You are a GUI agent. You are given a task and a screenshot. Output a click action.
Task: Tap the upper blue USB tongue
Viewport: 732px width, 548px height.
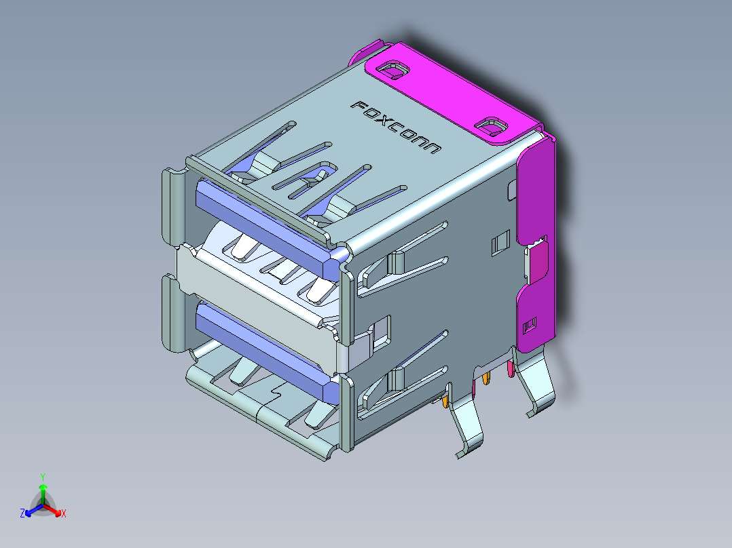[265, 223]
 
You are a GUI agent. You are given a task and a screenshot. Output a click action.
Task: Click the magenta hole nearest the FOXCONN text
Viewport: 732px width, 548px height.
[392, 70]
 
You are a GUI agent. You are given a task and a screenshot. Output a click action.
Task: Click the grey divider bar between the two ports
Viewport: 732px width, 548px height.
[258, 285]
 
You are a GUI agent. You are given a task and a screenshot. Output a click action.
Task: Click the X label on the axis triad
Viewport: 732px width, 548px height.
[64, 514]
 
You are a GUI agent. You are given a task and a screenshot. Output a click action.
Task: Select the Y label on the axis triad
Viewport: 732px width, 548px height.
[43, 477]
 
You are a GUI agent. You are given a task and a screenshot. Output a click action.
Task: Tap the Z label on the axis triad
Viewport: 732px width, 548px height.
[22, 514]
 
